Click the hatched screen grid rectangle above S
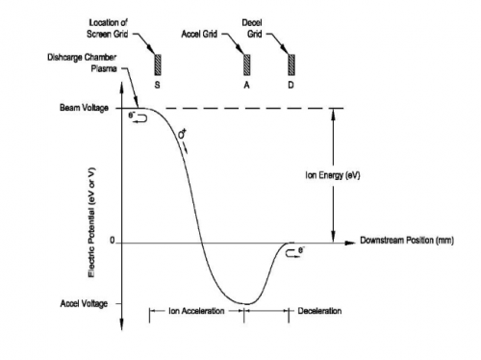158,64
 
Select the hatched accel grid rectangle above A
246,64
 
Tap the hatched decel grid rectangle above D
291,64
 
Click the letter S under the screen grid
157,85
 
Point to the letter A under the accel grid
246,85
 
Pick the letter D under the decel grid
291,85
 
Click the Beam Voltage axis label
84,108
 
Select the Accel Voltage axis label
84,303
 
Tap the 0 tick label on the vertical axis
112,241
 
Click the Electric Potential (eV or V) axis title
91,222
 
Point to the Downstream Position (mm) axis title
407,241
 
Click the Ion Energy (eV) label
333,175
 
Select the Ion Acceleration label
196,311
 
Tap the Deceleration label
319,311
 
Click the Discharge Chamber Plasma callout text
82,63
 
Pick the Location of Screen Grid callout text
107,28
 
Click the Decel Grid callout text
252,28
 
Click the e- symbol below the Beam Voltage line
132,115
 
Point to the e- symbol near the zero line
301,250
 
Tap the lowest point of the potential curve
246,304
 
